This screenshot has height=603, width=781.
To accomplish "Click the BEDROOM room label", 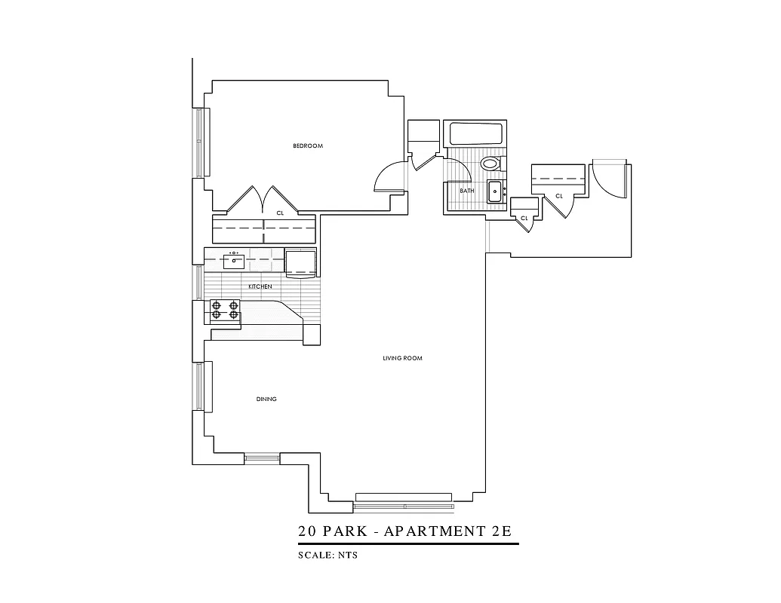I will (x=308, y=145).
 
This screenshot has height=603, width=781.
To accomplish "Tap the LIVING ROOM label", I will (x=402, y=358).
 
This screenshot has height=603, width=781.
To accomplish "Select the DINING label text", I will (x=266, y=399).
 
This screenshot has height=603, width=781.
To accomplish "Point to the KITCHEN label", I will (x=260, y=287).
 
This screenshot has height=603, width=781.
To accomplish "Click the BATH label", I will (x=467, y=191).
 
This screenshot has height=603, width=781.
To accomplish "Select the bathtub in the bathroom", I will (x=476, y=135).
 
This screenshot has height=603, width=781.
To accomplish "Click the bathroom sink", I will (x=496, y=191).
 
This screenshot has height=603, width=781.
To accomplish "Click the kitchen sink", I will (x=234, y=262).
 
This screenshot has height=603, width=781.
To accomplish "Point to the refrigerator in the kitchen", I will (x=300, y=262).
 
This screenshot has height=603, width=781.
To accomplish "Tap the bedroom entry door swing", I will (x=390, y=178).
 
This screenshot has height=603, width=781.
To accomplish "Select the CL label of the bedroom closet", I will (x=279, y=213).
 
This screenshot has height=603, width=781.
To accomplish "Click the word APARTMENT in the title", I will (x=435, y=531).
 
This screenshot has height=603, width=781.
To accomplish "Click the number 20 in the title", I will (x=307, y=531).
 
